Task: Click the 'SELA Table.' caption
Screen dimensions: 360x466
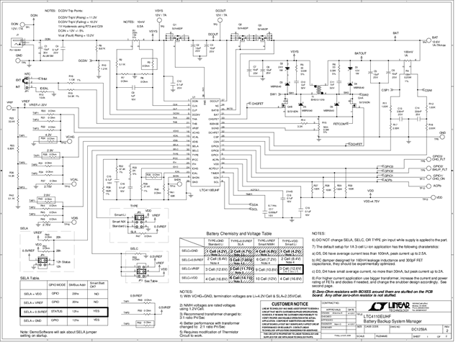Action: click(x=29, y=277)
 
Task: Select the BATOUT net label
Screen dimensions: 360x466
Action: click(x=364, y=53)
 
